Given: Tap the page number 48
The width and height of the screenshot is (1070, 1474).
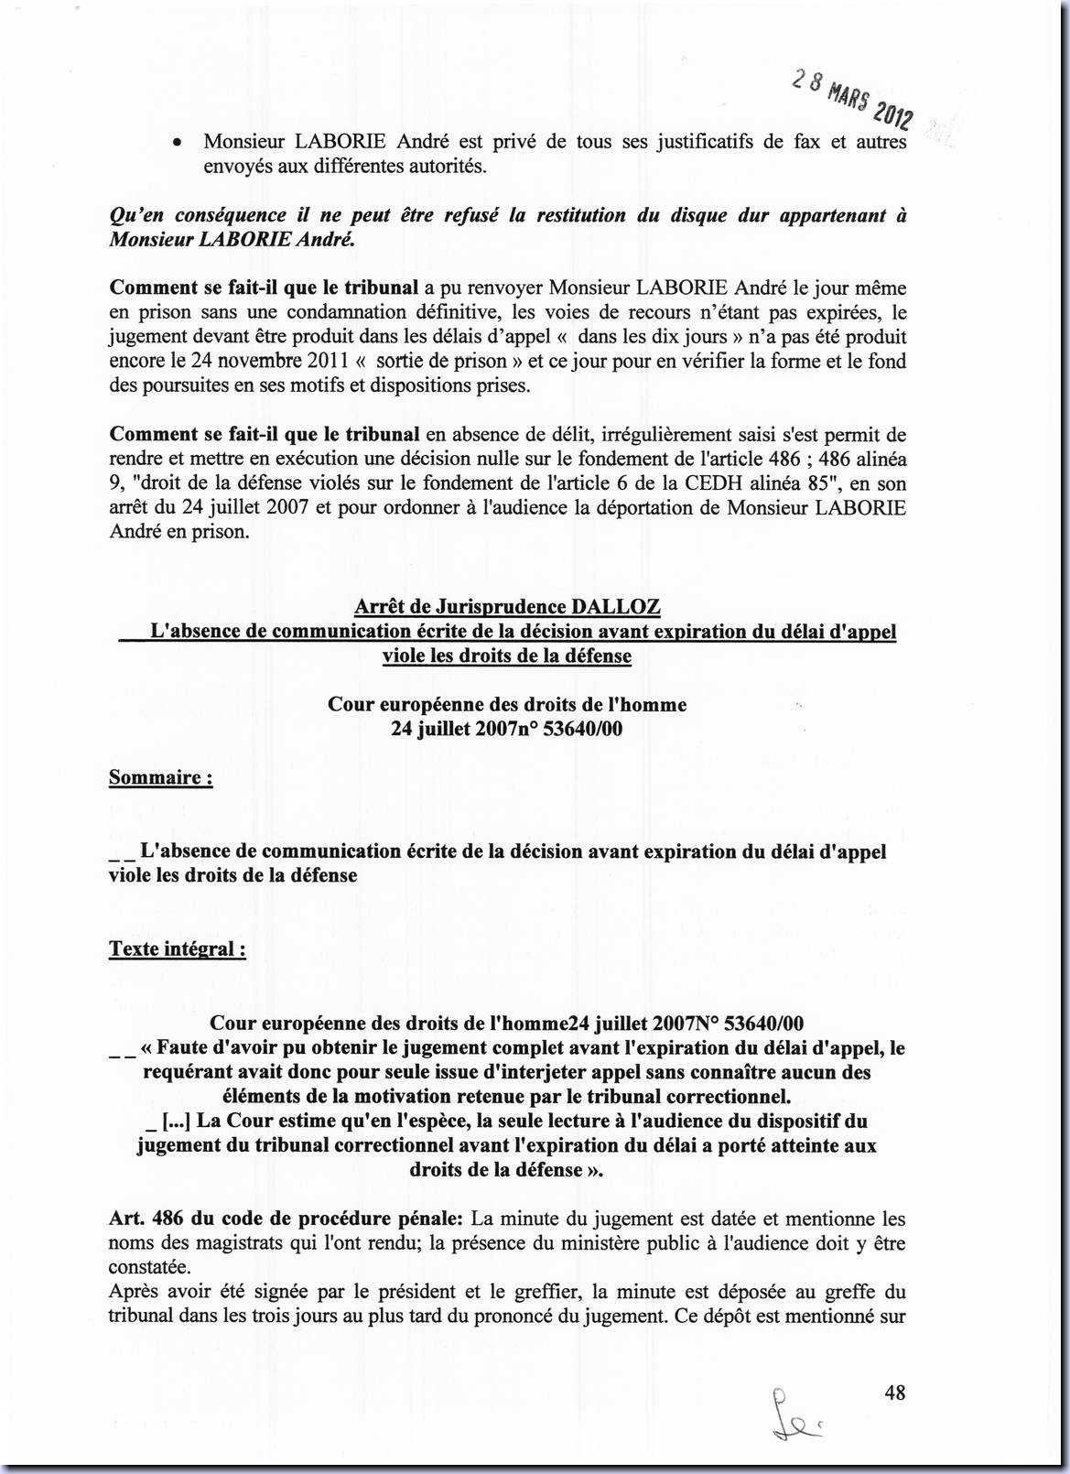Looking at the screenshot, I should pos(894,1393).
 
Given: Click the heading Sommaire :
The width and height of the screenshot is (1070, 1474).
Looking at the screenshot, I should pos(160,777).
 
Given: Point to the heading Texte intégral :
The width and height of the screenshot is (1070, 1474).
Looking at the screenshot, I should pos(177,948).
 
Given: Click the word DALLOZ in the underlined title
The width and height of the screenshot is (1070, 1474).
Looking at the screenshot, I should pos(615,606).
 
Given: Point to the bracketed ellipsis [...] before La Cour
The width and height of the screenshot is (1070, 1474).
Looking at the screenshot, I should pos(175,1121).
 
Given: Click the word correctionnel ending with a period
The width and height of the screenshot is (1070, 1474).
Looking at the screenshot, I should pos(728,1096).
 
